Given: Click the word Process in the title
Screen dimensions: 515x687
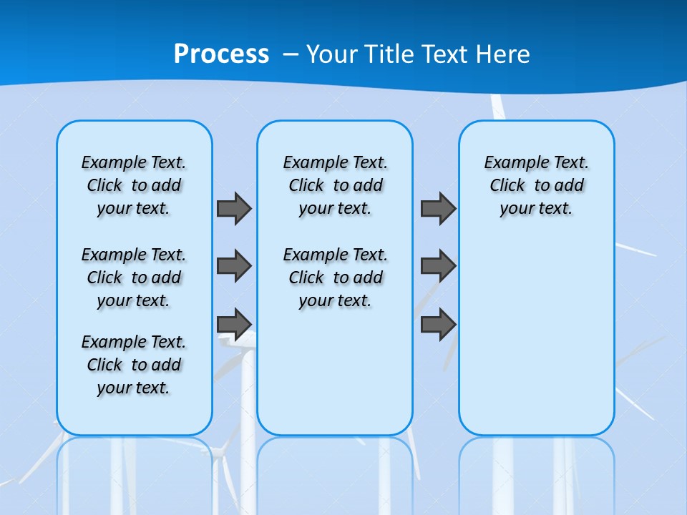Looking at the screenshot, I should click(221, 54).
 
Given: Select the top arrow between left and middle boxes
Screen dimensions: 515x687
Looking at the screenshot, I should click(234, 208).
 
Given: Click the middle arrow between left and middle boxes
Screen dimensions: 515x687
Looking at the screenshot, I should click(234, 266).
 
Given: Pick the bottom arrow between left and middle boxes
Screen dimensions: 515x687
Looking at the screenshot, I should click(234, 324).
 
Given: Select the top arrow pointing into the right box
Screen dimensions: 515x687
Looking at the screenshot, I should click(438, 208).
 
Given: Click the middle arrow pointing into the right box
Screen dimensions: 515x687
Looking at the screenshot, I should click(438, 266).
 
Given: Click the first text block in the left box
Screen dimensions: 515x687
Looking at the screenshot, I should click(134, 185).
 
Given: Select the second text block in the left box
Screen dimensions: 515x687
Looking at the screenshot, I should click(134, 278).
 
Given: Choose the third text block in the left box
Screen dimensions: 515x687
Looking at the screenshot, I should click(134, 365).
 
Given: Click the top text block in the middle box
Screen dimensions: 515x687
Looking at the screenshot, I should click(335, 185).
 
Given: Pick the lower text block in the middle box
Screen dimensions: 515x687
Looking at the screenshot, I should click(335, 278).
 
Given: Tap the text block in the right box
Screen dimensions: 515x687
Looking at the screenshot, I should click(537, 185).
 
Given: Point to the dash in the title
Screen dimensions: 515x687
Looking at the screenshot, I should click(291, 54).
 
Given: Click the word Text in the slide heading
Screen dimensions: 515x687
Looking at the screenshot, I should click(443, 54).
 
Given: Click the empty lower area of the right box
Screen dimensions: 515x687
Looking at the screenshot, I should click(537, 343).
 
